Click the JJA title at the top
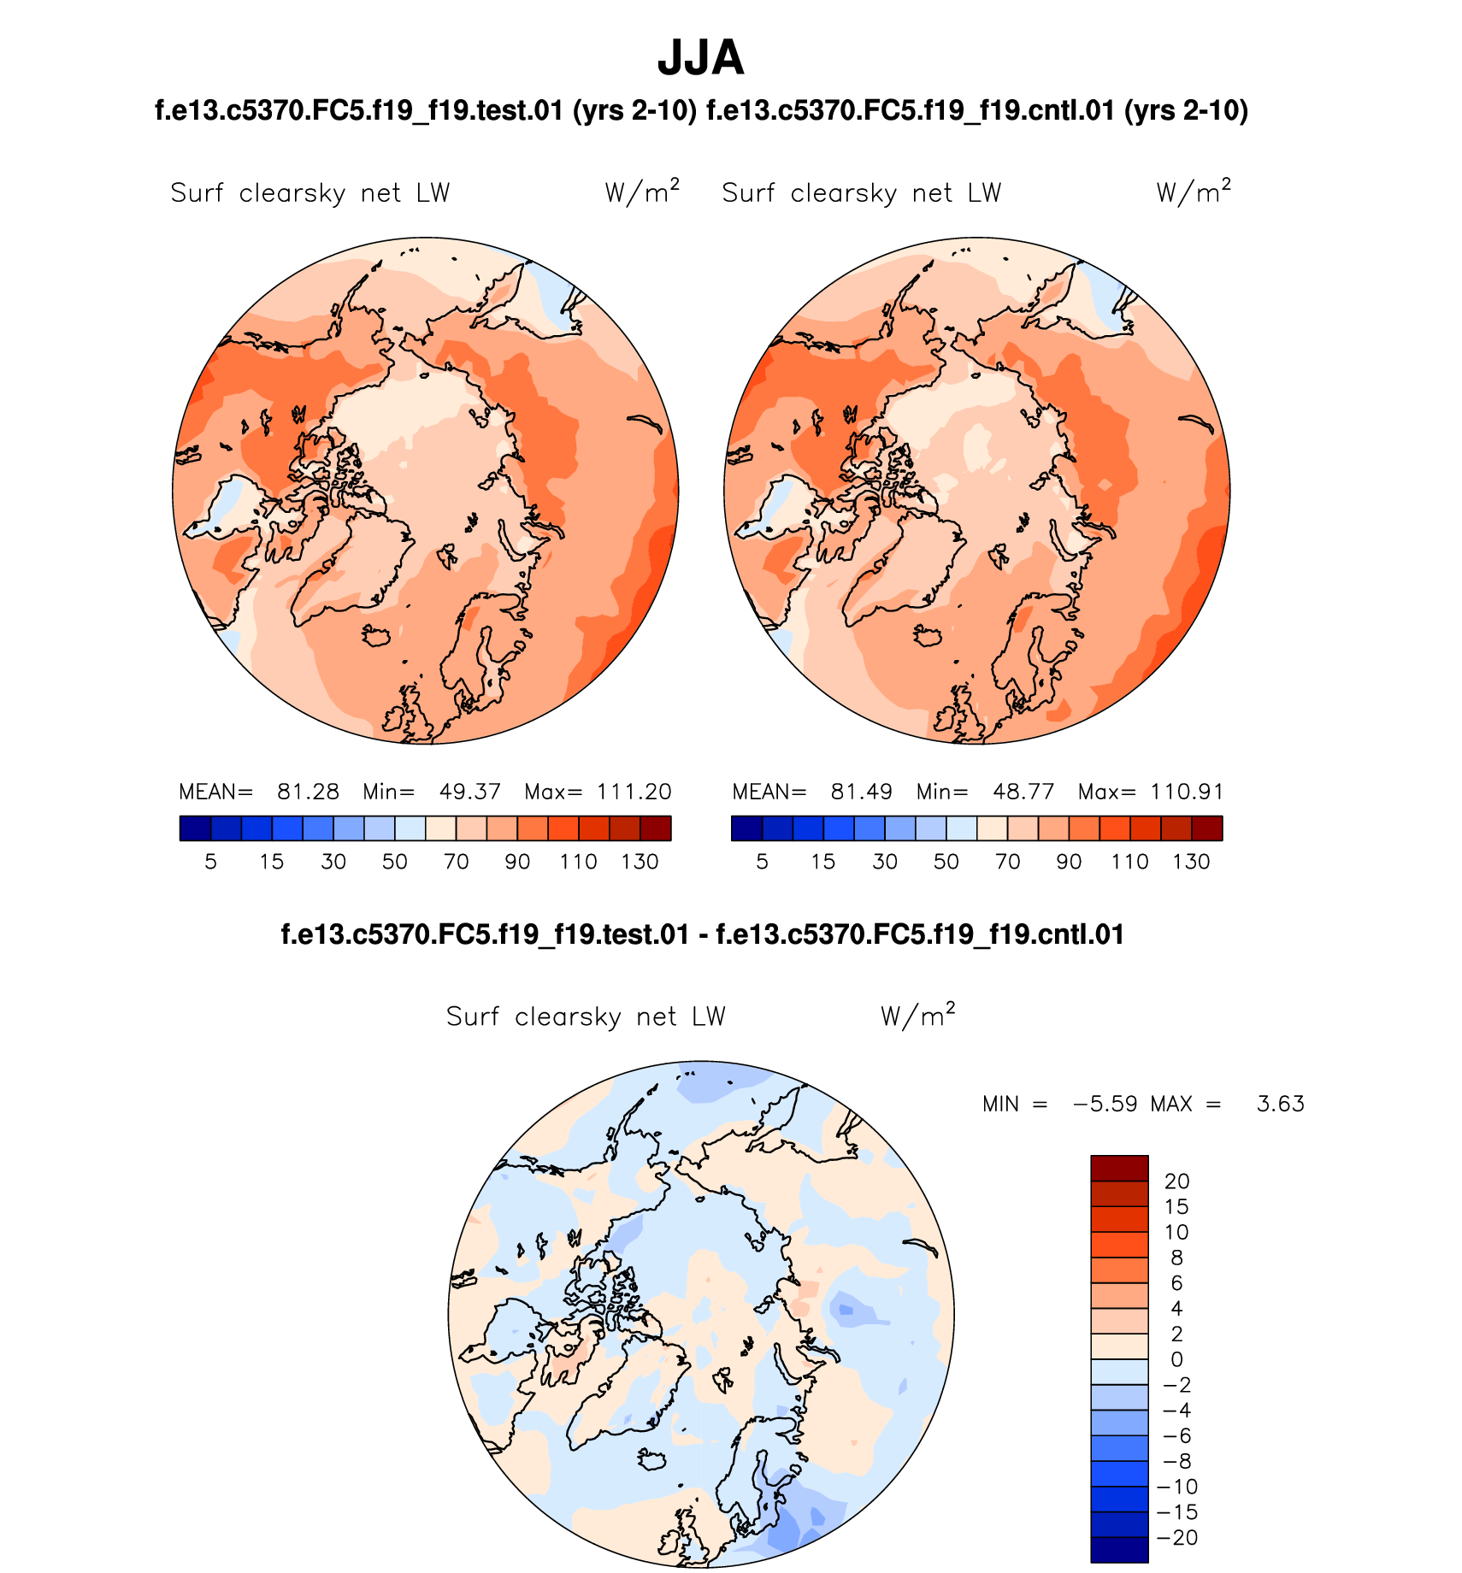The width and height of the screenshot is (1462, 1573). (700, 58)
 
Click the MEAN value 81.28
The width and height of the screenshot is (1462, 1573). (308, 792)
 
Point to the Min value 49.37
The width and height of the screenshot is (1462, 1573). (469, 792)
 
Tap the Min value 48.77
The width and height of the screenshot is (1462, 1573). (1023, 792)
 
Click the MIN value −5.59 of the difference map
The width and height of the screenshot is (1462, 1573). (1105, 1104)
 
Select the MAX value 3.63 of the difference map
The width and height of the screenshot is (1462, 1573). (1280, 1104)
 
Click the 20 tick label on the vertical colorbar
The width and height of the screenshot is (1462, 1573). (1176, 1181)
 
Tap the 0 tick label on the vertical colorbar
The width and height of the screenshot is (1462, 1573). (1176, 1359)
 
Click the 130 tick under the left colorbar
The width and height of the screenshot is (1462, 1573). (640, 862)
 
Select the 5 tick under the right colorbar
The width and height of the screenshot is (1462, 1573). (762, 862)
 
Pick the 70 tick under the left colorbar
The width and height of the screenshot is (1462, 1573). (457, 862)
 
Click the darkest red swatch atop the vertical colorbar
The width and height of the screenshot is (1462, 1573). (1119, 1168)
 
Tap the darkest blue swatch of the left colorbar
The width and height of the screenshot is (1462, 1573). (195, 828)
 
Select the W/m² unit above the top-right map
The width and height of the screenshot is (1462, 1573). (1194, 191)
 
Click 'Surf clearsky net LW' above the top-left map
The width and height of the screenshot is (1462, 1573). (309, 193)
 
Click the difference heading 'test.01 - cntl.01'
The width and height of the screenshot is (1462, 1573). (702, 934)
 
